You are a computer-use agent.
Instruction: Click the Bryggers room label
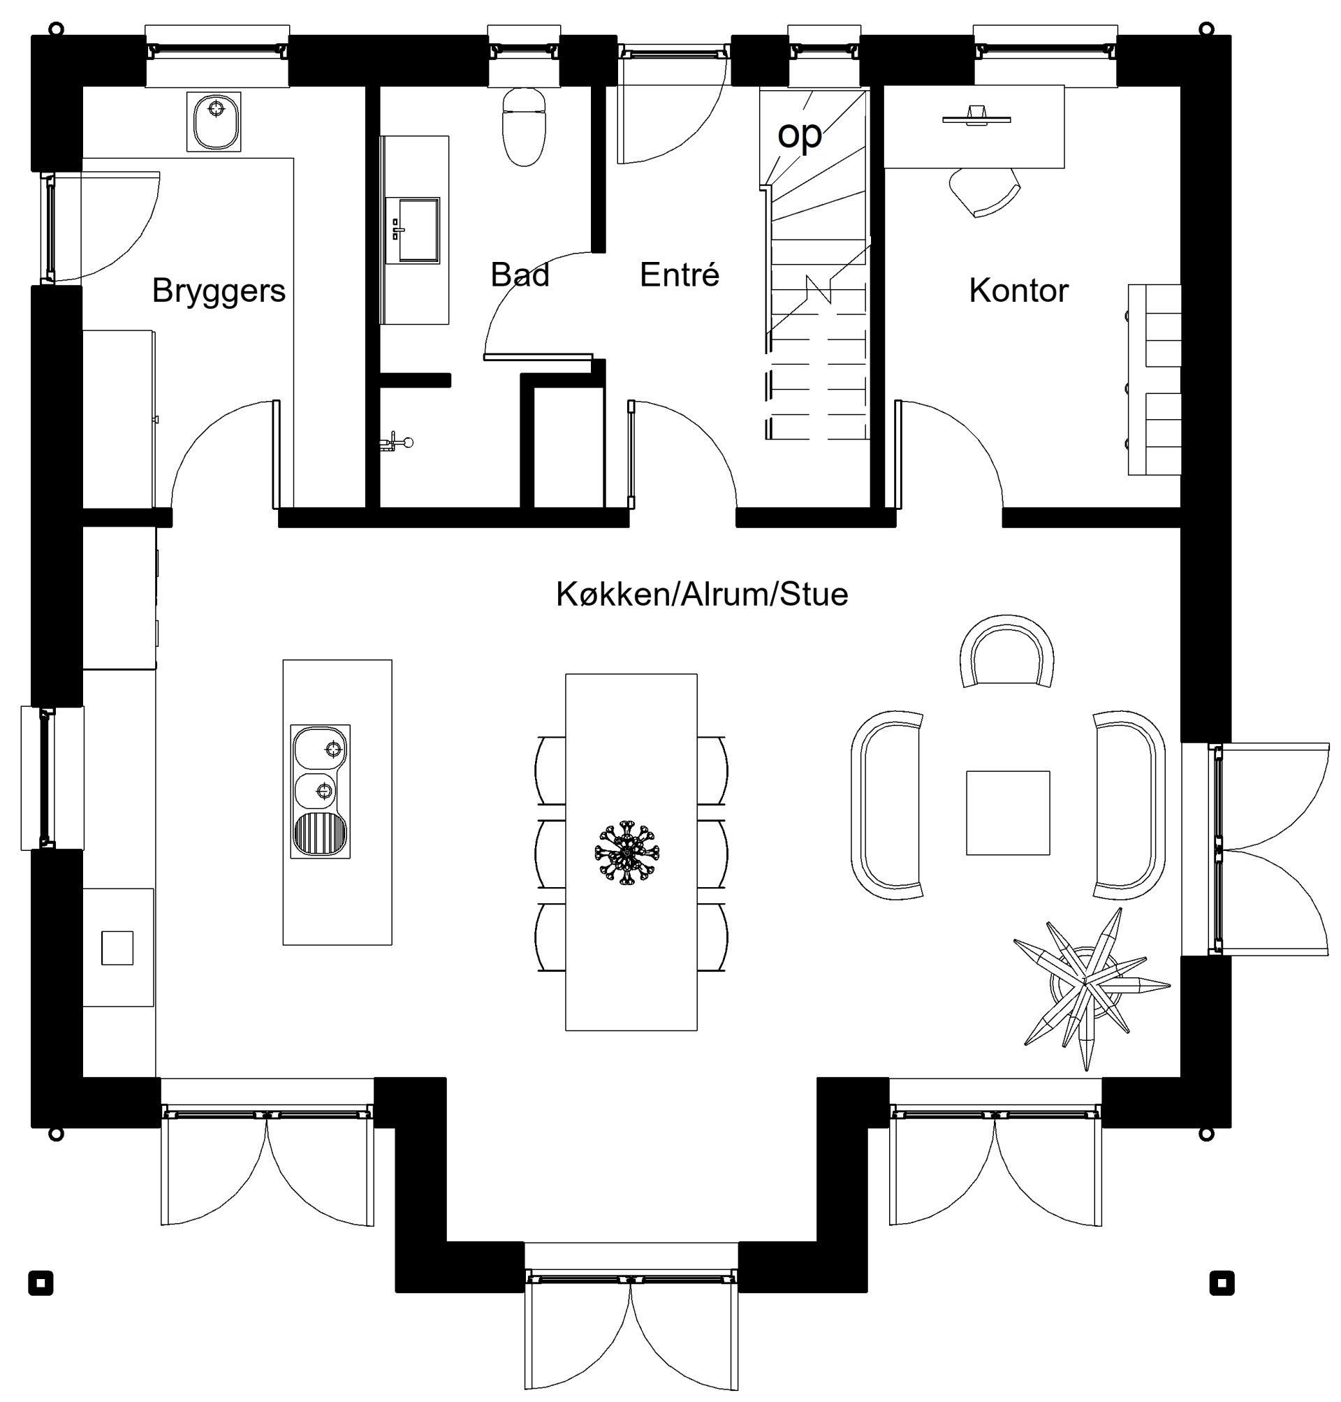[x=219, y=291]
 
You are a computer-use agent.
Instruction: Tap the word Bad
[x=520, y=275]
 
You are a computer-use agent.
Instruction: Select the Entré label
[x=679, y=275]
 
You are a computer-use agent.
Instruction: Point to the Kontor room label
[x=1018, y=291]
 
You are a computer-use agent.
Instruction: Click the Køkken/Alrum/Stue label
[x=702, y=594]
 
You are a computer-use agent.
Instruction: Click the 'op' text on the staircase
[x=799, y=133]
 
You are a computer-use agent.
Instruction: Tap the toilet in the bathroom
[x=525, y=127]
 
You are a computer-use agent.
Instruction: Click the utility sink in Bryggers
[x=214, y=121]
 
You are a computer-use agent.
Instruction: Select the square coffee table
[x=1008, y=812]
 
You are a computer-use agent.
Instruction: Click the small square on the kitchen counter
[x=117, y=947]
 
